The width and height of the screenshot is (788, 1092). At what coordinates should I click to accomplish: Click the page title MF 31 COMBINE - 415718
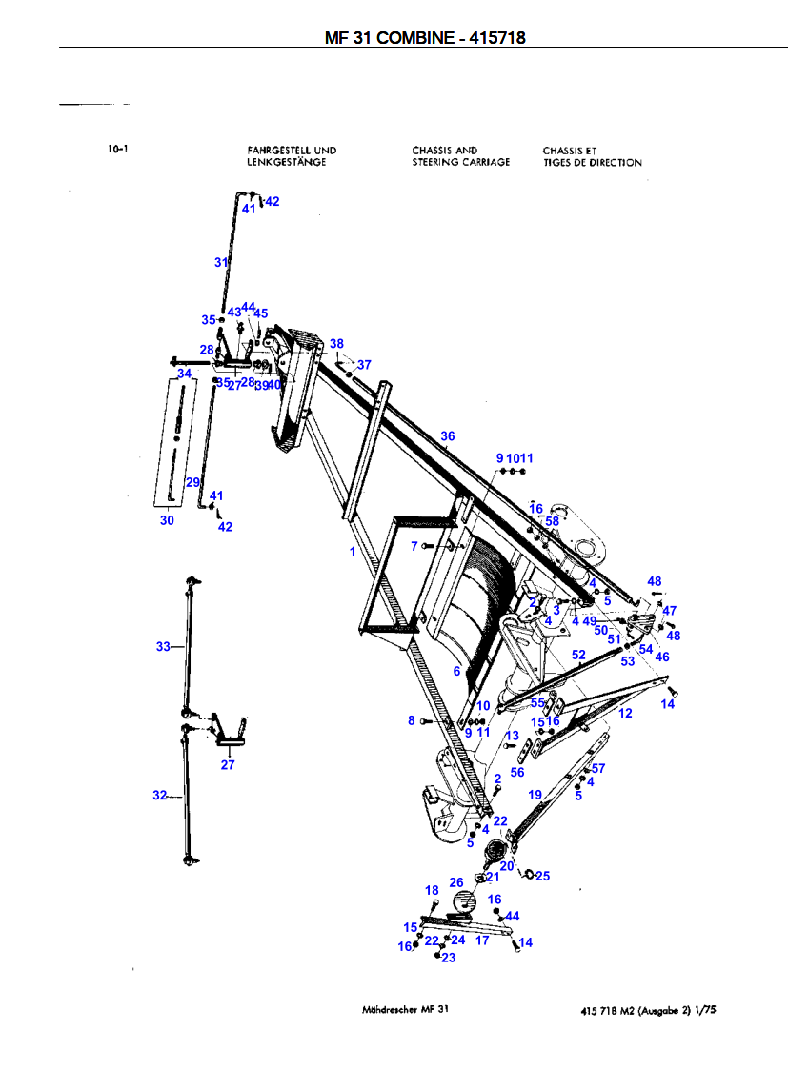tap(425, 38)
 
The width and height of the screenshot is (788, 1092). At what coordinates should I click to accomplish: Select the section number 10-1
tap(119, 150)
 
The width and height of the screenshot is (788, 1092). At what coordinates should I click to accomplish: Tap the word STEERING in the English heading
tap(435, 162)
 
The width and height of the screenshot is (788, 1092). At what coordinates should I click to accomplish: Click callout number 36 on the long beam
tap(448, 436)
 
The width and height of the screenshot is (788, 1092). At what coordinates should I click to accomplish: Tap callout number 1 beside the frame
tap(352, 551)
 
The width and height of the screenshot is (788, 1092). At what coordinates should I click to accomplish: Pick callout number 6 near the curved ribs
tap(456, 671)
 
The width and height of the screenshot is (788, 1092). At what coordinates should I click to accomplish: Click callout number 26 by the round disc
tap(456, 883)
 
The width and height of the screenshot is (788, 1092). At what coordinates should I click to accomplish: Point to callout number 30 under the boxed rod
tap(167, 520)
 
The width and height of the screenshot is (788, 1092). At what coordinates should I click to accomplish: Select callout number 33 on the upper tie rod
tap(163, 647)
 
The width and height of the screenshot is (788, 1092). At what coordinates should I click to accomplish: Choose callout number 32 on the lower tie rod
tap(159, 795)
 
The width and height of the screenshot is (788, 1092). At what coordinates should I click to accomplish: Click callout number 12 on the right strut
tap(625, 713)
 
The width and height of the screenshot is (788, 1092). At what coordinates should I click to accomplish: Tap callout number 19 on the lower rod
tap(535, 795)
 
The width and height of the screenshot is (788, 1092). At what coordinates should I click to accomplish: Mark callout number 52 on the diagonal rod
tap(578, 655)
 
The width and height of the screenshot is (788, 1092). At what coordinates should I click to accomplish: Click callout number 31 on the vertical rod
tap(221, 262)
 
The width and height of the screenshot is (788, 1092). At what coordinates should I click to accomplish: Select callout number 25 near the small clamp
tap(542, 876)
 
